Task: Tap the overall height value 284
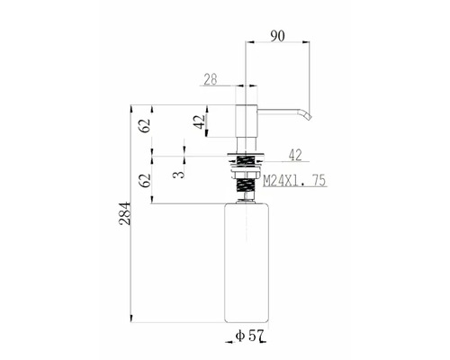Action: (127, 212)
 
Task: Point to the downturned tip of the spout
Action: (307, 114)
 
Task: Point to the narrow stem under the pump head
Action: (246, 143)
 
